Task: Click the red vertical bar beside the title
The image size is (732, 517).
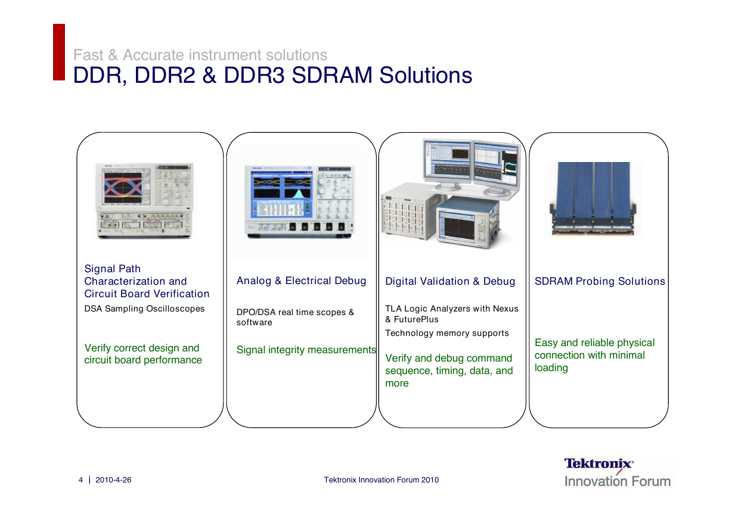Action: pos(59,52)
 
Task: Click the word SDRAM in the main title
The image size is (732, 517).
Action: pos(331,75)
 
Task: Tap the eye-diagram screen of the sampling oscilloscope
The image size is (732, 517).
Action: pos(123,188)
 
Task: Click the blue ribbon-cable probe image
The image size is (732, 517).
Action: pos(593,198)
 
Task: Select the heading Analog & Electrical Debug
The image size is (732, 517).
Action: pos(301,281)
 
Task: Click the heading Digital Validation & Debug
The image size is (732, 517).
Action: pos(450,281)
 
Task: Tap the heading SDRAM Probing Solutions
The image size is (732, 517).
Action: pos(600,281)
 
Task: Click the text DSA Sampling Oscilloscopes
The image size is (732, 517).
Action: pos(144,309)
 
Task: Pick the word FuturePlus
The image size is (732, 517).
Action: pos(416,319)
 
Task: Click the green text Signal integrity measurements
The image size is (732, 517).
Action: pos(306,350)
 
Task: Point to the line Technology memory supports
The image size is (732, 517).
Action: pos(446,334)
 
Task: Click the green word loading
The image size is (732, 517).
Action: pos(551,368)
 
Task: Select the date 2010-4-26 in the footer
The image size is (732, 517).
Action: pos(113,479)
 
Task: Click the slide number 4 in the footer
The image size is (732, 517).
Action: pos(80,479)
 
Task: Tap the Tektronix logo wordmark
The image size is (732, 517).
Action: pos(598,463)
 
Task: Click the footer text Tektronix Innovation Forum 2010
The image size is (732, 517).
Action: pos(381,479)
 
